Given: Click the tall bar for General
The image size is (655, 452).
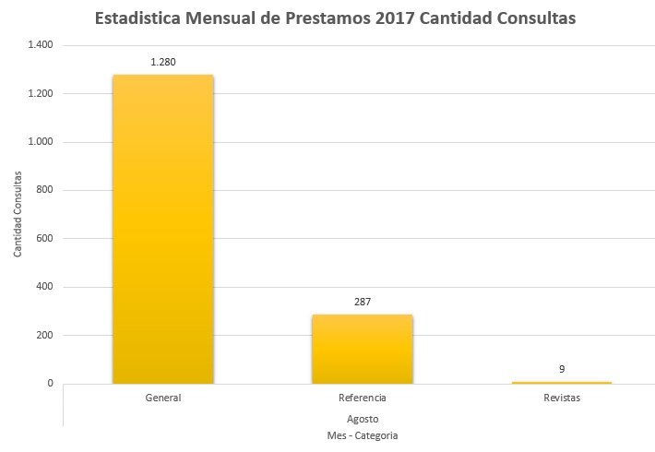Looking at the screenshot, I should [162, 229].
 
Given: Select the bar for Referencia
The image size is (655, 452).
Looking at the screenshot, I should [362, 349].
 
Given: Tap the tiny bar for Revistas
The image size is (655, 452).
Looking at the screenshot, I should [561, 382].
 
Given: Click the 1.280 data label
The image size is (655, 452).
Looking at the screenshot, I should [162, 63].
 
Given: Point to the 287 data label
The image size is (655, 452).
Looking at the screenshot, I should [362, 302].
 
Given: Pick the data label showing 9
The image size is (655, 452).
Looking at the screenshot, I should [561, 369].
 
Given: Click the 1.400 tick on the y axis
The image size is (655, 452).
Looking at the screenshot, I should [41, 45].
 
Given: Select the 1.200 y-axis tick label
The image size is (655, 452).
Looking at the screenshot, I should [41, 93].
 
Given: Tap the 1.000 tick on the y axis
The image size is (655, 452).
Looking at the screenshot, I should [41, 142].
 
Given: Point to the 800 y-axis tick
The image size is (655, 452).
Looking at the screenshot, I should [44, 190].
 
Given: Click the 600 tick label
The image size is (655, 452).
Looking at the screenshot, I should [44, 239].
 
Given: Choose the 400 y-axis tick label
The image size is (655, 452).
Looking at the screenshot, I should [44, 287].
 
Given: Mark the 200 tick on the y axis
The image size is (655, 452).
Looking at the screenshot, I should [44, 335].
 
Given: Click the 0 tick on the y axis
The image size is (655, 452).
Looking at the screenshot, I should [50, 384].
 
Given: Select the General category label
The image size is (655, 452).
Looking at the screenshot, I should [162, 398].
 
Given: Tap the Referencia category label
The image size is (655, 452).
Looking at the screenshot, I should [362, 398].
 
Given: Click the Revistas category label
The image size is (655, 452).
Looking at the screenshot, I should [561, 398].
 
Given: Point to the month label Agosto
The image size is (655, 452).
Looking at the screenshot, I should [362, 417].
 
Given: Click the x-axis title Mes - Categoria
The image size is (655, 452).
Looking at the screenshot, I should [362, 434].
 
